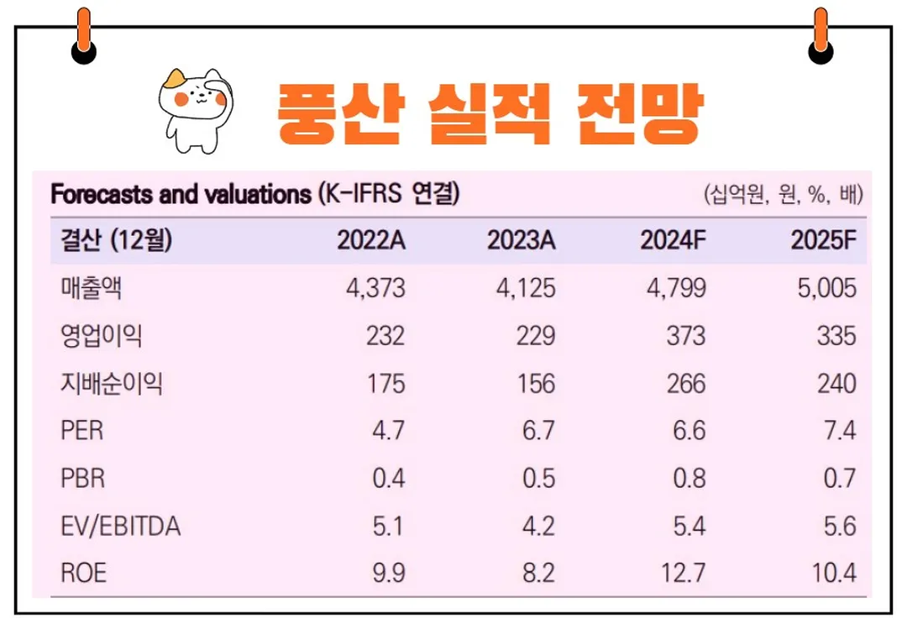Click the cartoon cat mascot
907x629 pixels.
(194, 105)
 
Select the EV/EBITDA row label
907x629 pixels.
(121, 527)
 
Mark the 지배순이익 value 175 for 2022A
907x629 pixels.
(385, 385)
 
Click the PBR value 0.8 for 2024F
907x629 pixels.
(689, 480)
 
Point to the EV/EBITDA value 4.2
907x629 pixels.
(538, 527)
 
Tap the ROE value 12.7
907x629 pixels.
(683, 574)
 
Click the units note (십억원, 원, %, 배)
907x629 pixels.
(784, 196)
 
